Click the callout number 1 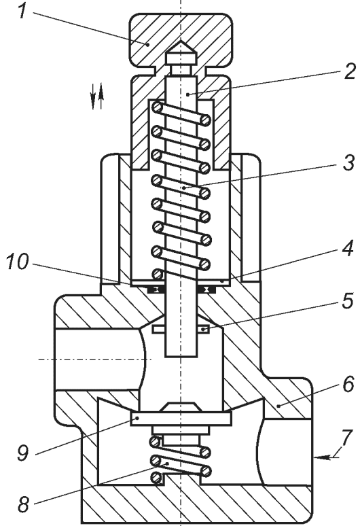pos(22,10)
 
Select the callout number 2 pos(349,71)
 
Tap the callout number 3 pos(348,163)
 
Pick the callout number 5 pos(347,300)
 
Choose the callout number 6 pos(348,384)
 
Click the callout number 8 pos(23,504)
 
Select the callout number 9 pos(23,453)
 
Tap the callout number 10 pos(18,262)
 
